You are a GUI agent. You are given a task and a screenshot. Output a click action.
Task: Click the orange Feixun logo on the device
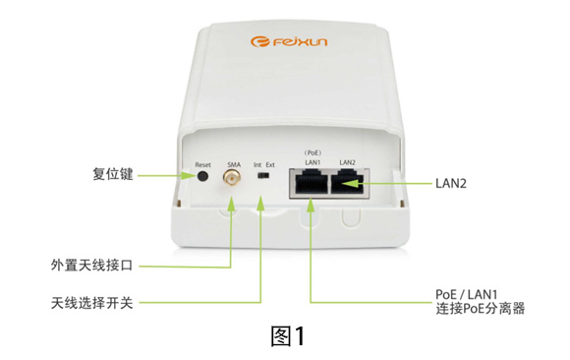coord(289,41)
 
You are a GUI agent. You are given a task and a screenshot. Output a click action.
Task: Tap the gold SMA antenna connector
coord(232,178)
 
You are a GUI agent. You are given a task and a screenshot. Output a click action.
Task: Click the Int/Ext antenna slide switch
coord(262,176)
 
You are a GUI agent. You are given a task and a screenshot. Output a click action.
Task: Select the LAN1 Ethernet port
coord(311,184)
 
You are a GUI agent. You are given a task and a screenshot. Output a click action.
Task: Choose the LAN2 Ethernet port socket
coord(347,184)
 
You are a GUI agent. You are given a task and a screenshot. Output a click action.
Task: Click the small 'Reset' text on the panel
coord(202,165)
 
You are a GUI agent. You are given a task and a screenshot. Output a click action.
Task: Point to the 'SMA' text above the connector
coord(234,165)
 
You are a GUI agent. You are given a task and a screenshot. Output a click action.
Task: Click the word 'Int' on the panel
coord(257,165)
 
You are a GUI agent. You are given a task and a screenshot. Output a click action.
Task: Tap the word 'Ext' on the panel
coord(270,165)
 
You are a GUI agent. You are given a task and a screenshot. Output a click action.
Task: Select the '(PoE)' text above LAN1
coord(313,152)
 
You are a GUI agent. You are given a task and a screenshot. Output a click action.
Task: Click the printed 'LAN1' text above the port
coord(313,162)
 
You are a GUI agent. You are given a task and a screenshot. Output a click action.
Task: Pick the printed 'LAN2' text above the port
coord(347,162)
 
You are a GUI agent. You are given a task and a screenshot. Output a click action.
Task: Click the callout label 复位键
coord(113,174)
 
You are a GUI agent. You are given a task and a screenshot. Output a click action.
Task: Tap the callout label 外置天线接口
coord(91,265)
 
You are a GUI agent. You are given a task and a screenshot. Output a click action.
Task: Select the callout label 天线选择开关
coord(91,303)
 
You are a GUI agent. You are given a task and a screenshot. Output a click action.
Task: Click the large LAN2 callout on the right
coord(451,184)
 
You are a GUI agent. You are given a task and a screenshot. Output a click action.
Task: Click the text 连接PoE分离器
coord(481,309)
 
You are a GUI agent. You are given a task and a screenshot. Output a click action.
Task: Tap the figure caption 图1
coord(288,336)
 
